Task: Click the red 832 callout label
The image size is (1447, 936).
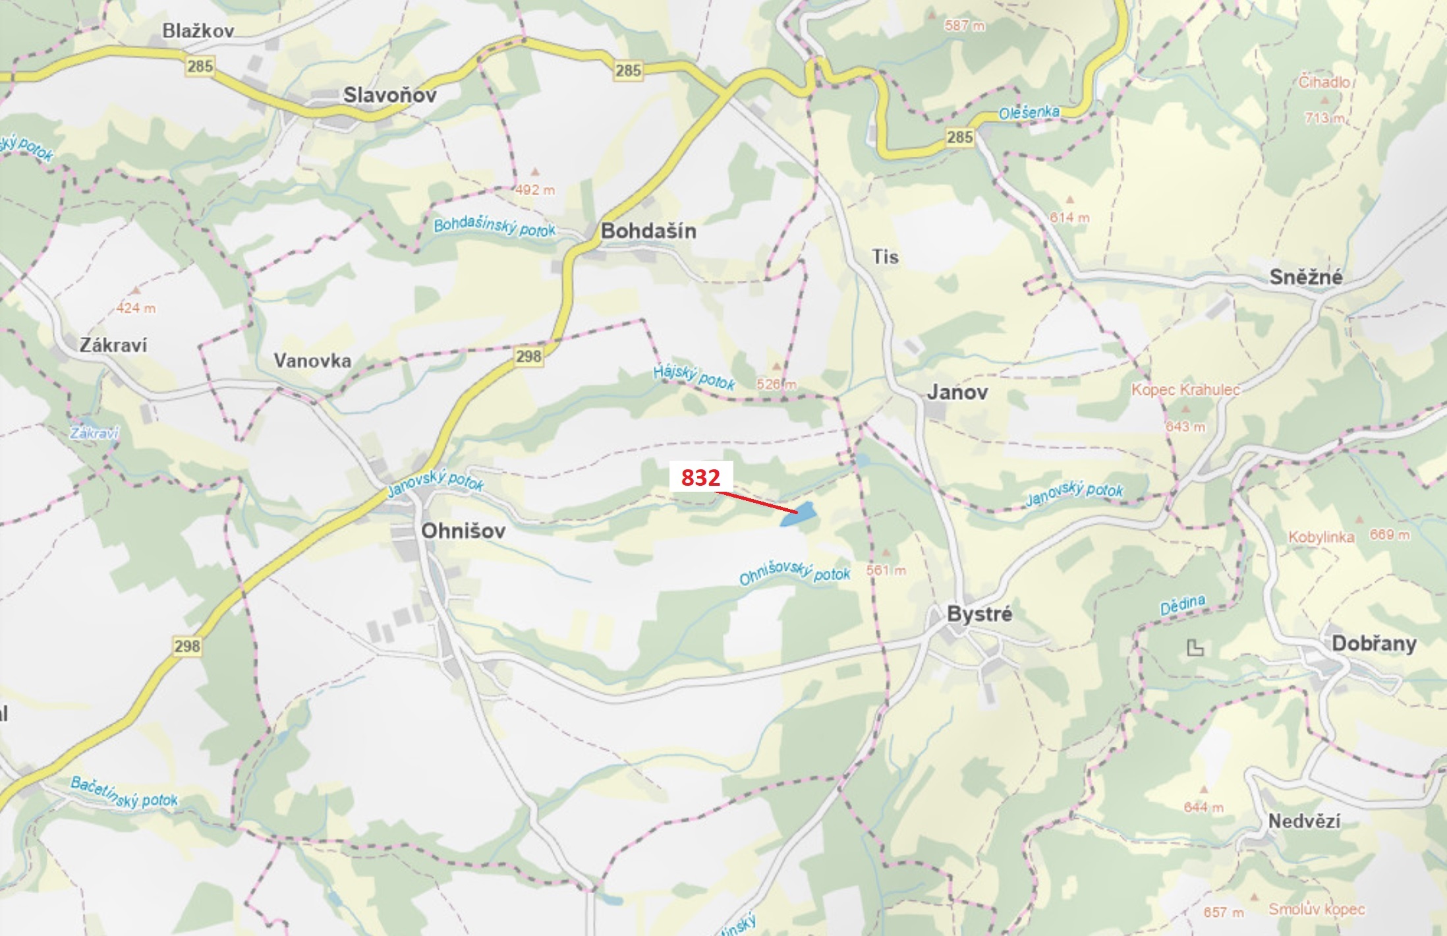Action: [700, 477]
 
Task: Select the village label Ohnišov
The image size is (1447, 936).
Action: [463, 531]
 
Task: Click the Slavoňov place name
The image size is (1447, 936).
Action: [389, 95]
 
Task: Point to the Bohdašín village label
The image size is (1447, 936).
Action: [648, 231]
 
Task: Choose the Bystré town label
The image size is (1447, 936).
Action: [979, 614]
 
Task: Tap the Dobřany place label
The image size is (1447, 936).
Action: [1374, 643]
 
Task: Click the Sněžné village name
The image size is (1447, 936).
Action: [1305, 277]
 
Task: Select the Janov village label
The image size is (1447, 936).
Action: [957, 392]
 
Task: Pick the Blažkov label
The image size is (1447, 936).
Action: [198, 30]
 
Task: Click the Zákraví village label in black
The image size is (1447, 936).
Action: [113, 345]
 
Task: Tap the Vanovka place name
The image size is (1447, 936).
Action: [312, 361]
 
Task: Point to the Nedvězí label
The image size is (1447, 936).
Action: [1304, 821]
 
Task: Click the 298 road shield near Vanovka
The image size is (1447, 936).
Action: [528, 357]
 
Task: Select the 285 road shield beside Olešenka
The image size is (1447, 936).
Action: [959, 137]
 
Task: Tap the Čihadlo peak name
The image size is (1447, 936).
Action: [1324, 82]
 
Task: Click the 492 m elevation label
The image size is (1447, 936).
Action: [535, 190]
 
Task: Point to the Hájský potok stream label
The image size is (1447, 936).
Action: [694, 377]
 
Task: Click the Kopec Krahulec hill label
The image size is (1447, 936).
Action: [1185, 390]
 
